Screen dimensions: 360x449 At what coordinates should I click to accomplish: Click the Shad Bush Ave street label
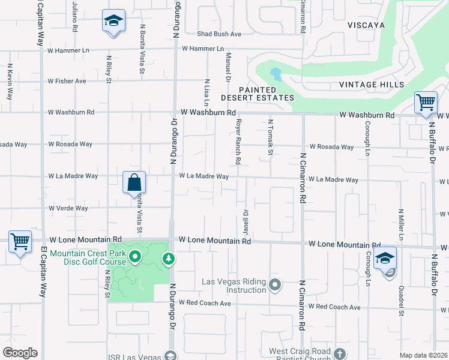[x=220, y=34]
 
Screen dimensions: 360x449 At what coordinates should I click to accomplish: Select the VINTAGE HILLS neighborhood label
[x=371, y=85]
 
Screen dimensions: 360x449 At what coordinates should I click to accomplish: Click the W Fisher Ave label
[x=67, y=81]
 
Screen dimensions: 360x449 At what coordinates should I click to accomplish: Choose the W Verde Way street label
[x=68, y=209]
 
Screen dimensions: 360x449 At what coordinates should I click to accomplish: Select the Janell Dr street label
[x=246, y=221]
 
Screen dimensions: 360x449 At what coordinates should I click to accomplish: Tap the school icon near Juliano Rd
[x=113, y=21]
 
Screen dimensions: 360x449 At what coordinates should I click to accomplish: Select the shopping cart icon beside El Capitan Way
[x=20, y=242]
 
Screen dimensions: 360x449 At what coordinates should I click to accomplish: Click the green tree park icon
[x=169, y=259]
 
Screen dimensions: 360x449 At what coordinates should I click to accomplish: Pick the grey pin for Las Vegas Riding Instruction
[x=275, y=284]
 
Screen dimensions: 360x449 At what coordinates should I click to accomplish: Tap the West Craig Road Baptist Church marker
[x=339, y=353]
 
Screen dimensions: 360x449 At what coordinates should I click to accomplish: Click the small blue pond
[x=276, y=74]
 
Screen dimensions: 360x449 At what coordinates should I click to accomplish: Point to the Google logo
[x=20, y=353]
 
